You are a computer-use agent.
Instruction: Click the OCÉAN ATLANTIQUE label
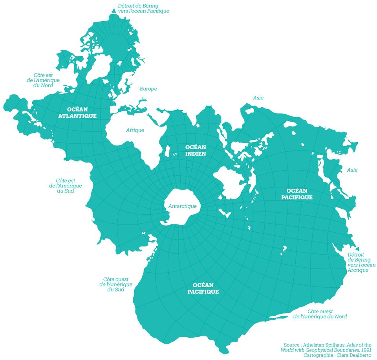[x=77, y=112]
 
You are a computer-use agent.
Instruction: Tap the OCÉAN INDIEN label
[x=195, y=150]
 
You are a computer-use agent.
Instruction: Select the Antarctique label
[x=182, y=206]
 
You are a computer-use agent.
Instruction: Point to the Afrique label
[x=135, y=130]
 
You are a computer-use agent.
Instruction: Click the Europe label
[x=148, y=89]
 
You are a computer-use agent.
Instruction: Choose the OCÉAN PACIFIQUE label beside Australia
[x=297, y=194]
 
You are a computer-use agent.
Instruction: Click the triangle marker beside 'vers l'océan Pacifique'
[x=114, y=11]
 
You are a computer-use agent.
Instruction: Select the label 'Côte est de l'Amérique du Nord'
[x=46, y=80]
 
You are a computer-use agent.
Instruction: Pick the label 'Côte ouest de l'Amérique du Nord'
[x=320, y=314]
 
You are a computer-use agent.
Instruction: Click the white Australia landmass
[x=230, y=182]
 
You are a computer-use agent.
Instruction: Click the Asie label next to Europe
[x=258, y=97]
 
